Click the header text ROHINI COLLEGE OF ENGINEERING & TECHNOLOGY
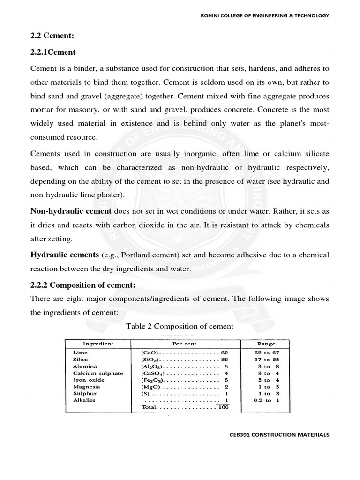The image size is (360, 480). coord(265,15)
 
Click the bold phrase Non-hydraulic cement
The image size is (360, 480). coord(71,211)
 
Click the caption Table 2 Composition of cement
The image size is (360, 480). coord(180,326)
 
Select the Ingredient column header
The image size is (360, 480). coord(98,344)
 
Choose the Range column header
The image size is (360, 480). coord(265,344)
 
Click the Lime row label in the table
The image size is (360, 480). coord(80,352)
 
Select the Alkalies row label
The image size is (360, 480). coord(85,401)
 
